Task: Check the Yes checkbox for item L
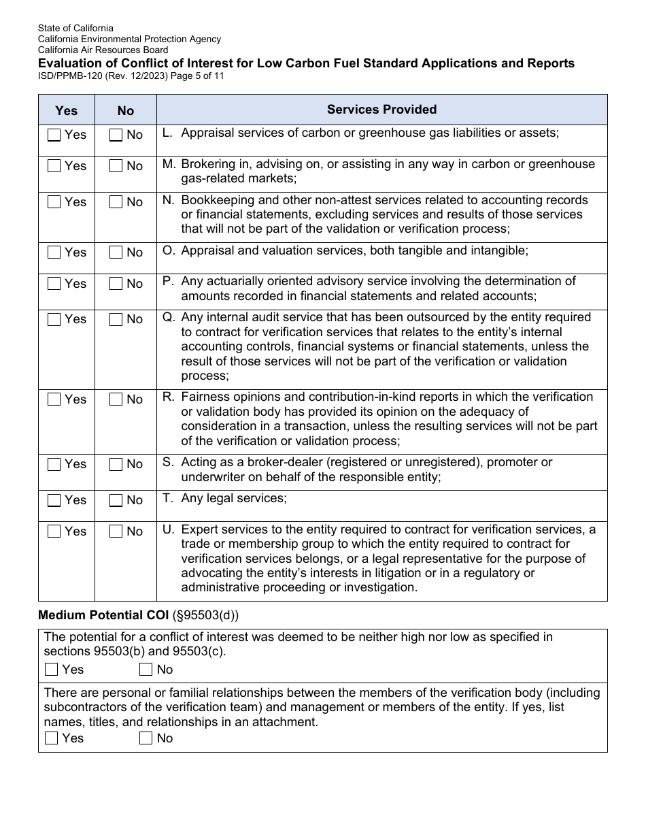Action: pos(54,135)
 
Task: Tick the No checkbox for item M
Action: pos(116,166)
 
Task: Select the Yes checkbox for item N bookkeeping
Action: pos(54,202)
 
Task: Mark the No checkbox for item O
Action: pos(116,252)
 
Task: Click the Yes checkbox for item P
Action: pos(54,284)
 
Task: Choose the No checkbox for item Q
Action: pos(116,319)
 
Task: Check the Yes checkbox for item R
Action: pos(54,399)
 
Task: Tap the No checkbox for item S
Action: pos(116,464)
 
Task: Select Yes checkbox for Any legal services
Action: pos(54,500)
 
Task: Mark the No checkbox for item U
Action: pos(116,531)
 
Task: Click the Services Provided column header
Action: pos(381,110)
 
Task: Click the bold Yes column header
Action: pos(66,110)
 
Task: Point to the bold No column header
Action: pos(125,110)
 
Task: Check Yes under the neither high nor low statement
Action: pos(52,670)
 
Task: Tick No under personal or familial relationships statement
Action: pos(146,738)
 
